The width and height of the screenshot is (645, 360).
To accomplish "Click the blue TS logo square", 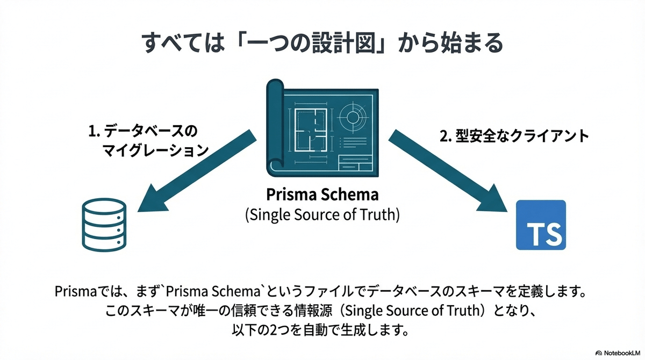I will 540,225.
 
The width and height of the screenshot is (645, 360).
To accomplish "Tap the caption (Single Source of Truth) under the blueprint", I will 322,215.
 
